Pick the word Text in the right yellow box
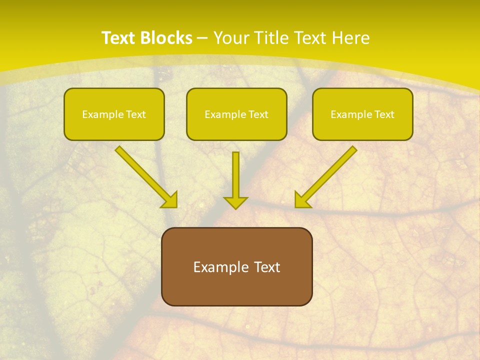tap(384, 114)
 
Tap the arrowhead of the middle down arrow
tap(235, 202)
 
